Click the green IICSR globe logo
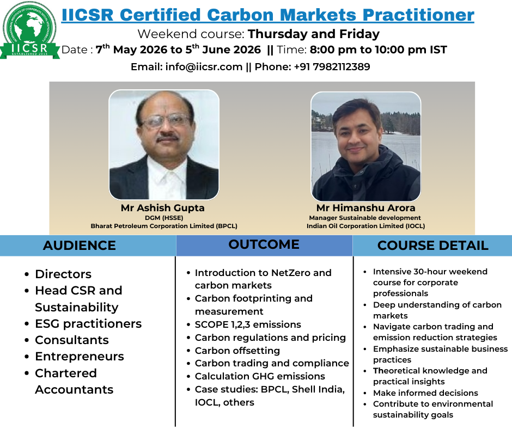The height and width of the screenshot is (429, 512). click(x=29, y=30)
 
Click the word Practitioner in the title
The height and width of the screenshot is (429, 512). click(x=418, y=15)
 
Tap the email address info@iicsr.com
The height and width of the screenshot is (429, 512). click(x=204, y=66)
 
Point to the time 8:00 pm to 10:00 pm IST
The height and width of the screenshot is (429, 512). click(x=378, y=50)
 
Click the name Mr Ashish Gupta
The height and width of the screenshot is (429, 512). click(x=163, y=208)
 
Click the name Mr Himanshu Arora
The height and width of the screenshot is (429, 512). click(x=365, y=208)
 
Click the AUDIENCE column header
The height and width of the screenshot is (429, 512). click(x=80, y=246)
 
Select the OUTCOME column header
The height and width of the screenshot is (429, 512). click(x=264, y=244)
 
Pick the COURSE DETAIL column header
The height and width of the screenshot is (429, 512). click(x=433, y=246)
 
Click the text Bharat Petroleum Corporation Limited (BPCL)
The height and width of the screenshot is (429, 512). click(x=164, y=226)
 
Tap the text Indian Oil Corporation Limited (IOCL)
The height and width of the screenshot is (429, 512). click(x=365, y=226)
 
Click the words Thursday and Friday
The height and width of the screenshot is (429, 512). click(x=314, y=34)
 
